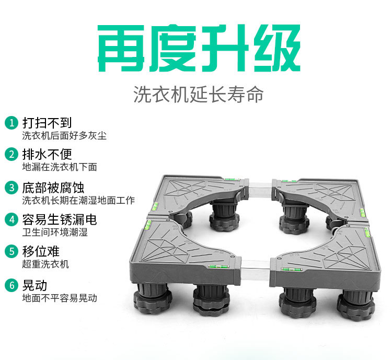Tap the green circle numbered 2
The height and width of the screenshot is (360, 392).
click(x=11, y=155)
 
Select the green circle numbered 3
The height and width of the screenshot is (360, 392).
click(x=11, y=187)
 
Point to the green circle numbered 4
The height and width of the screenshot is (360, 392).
click(x=11, y=219)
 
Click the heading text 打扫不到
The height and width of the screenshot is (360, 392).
click(x=47, y=123)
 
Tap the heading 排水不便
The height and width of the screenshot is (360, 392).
click(x=47, y=155)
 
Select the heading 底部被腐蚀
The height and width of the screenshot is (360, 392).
click(x=53, y=187)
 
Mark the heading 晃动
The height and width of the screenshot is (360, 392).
click(x=34, y=285)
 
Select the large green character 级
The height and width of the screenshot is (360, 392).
click(x=274, y=48)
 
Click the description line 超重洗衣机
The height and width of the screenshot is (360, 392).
click(x=45, y=264)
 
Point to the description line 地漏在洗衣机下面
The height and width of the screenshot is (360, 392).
click(x=59, y=167)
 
